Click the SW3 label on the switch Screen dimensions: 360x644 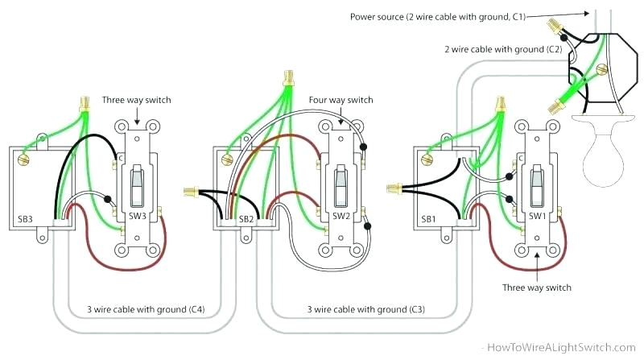click(138, 217)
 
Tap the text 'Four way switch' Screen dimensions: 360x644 click(341, 100)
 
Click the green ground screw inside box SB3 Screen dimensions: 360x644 click(23, 161)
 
